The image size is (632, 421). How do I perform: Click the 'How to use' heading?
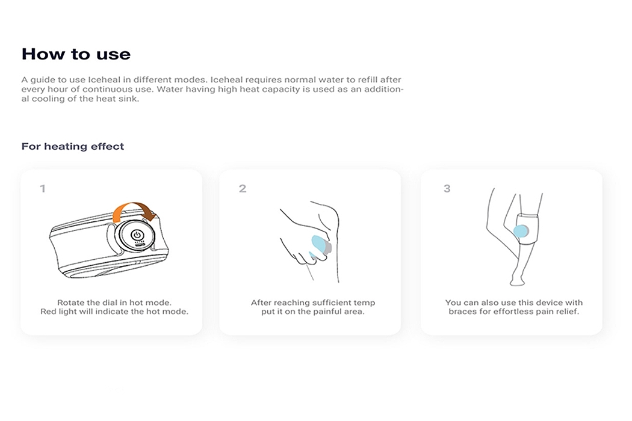(76, 54)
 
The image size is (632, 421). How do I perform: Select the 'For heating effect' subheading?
(73, 146)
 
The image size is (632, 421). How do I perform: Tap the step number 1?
(43, 188)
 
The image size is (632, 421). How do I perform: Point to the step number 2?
(242, 188)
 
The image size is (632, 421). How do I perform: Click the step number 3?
(447, 188)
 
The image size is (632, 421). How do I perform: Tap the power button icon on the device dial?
(137, 235)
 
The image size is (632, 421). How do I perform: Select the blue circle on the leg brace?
(521, 231)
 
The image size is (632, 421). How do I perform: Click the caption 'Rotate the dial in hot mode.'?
(114, 303)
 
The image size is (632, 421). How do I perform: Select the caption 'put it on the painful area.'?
(313, 312)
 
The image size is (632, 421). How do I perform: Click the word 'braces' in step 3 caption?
(463, 312)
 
